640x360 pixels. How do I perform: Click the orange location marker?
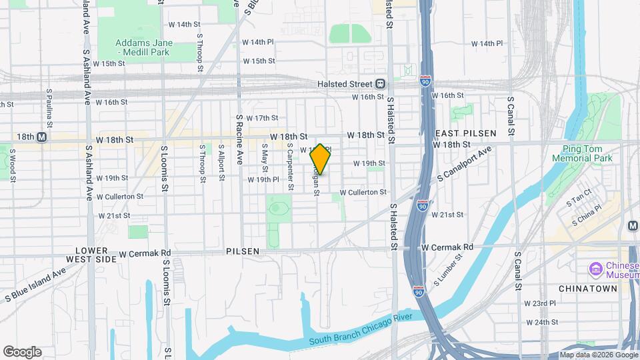point(321,160)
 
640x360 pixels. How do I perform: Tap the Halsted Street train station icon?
point(380,83)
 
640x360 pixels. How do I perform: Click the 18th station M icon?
point(41,137)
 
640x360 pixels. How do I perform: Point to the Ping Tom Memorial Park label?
point(582,153)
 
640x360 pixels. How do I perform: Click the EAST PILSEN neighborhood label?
point(457,133)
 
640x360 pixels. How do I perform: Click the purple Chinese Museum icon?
point(595,269)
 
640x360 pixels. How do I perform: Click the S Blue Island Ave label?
point(37,284)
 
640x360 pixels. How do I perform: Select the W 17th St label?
point(262,118)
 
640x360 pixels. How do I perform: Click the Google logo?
point(23,351)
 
